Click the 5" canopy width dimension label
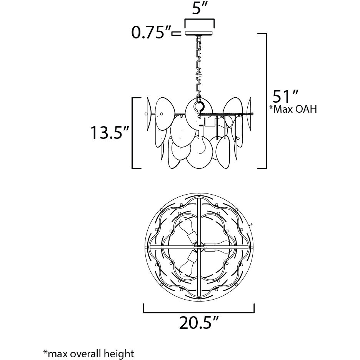coord(197,9)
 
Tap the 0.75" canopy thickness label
coord(151,33)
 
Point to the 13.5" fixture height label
coord(109,132)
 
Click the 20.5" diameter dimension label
coord(198,322)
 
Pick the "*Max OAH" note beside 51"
coord(293,109)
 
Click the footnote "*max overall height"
coord(88,353)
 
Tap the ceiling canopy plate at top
coord(200,33)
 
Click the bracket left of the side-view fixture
coord(133,133)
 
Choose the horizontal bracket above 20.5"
coord(199,312)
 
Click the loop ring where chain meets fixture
coord(199,106)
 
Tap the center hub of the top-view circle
coord(198,247)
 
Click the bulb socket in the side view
coord(209,122)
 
